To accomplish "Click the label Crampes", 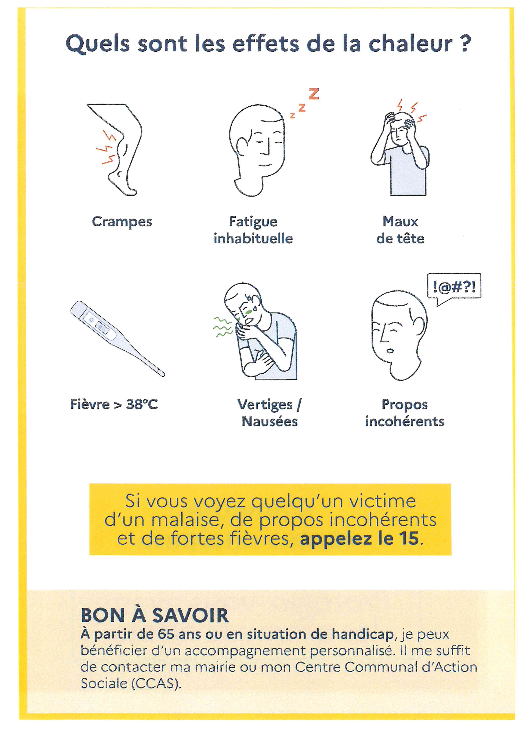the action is pyautogui.click(x=122, y=222).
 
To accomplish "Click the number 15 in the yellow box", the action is pyautogui.click(x=409, y=538).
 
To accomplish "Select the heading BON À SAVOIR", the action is pyautogui.click(x=155, y=615).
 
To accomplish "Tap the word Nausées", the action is pyautogui.click(x=270, y=421).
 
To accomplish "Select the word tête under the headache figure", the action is pyautogui.click(x=410, y=238).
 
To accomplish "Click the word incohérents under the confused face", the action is pyautogui.click(x=405, y=421).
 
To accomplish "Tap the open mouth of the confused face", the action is pyautogui.click(x=390, y=351).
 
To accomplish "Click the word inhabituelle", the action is pyautogui.click(x=253, y=238).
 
